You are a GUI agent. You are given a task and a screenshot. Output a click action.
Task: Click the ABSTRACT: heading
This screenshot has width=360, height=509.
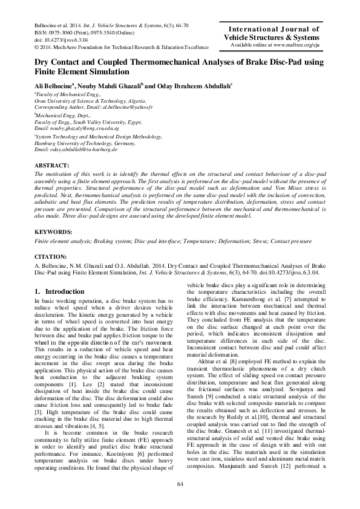53,165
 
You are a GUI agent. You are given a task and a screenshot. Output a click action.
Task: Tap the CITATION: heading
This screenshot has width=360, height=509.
51,257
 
